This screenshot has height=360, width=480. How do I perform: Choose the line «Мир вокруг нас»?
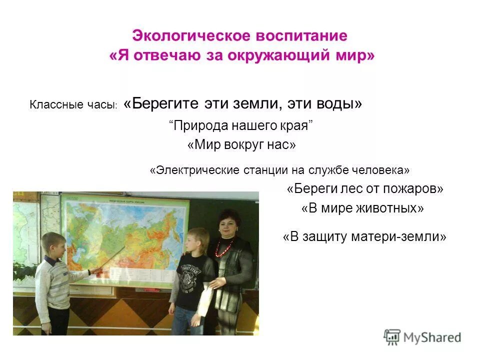coord(241,145)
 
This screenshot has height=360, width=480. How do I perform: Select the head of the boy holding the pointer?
coord(53,245)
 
